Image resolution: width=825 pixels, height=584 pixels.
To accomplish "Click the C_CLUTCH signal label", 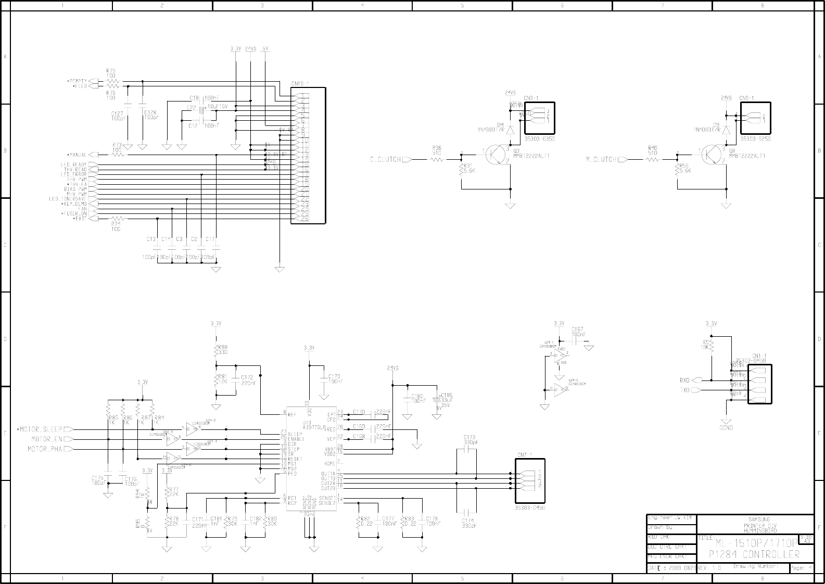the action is (385, 159).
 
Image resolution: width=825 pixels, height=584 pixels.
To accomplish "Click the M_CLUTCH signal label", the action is (601, 159).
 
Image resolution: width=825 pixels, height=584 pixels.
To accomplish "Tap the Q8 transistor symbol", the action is (712, 155).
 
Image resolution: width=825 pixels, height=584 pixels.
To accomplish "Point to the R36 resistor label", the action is (437, 148).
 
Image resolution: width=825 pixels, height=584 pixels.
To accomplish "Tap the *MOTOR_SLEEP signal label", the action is (40, 429).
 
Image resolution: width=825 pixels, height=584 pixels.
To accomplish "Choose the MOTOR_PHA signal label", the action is (44, 449).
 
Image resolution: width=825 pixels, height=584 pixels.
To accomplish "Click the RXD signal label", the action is (684, 380).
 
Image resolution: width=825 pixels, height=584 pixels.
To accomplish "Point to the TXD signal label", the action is (684, 390).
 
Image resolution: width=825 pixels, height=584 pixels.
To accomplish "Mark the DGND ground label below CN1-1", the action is (726, 428).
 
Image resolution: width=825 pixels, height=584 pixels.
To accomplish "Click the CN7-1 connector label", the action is (524, 454).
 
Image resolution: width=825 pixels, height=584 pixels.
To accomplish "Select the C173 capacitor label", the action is (469, 437).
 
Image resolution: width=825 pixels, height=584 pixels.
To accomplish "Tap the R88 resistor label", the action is (222, 347).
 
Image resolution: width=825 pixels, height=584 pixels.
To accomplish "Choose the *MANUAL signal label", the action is (77, 155).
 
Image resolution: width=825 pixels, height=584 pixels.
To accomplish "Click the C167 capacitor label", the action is (577, 329).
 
